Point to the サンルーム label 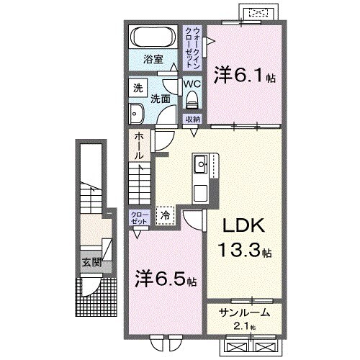[x=245, y=312]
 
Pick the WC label [x=192, y=84]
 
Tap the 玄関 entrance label [x=90, y=261]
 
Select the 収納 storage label [x=192, y=119]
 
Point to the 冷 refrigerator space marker [x=166, y=214]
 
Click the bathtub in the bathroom [x=152, y=37]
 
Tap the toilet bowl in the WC [x=192, y=101]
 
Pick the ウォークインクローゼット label [x=194, y=48]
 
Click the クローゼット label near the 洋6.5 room [x=140, y=218]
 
